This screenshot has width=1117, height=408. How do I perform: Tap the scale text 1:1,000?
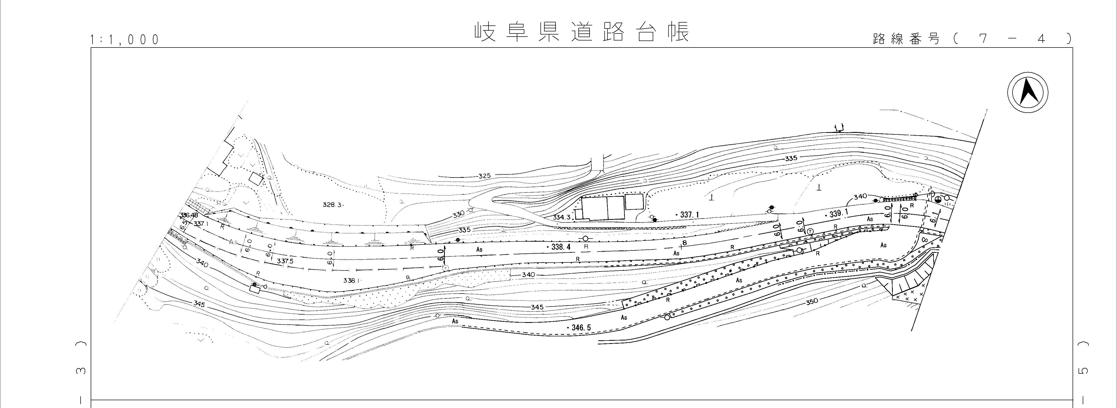point(124,40)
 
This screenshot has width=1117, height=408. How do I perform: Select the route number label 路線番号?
point(906,39)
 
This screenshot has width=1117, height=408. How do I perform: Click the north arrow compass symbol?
point(1027,93)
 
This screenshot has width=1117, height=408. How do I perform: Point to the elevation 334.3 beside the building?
point(561,216)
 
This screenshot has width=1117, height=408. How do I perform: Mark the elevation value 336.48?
point(189,215)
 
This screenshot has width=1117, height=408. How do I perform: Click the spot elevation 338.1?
point(351,281)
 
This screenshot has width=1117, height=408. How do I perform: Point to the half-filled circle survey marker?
point(938,199)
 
